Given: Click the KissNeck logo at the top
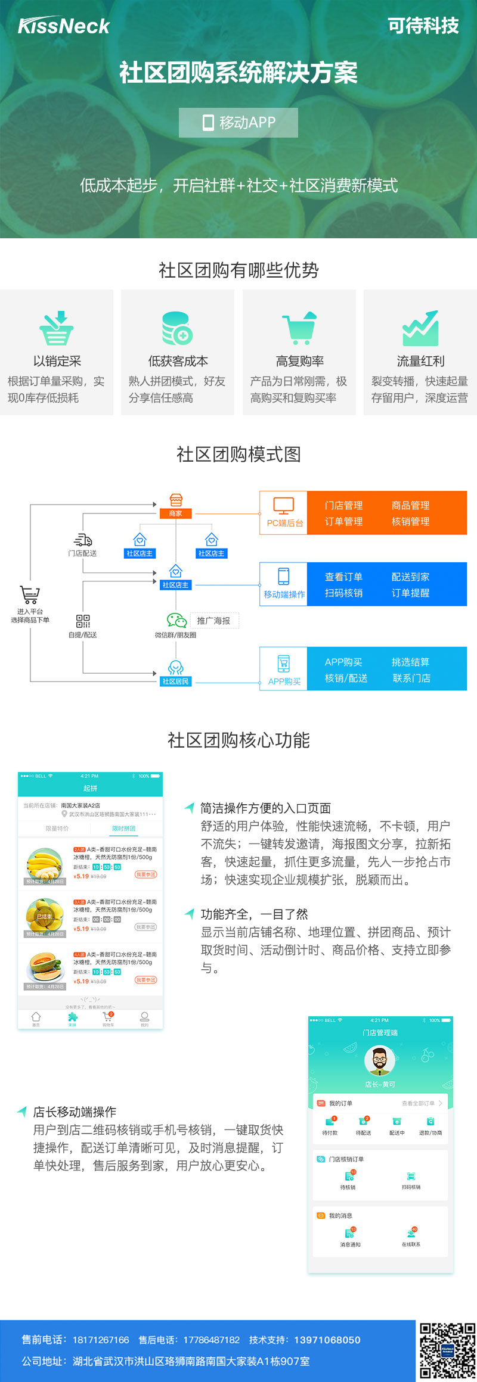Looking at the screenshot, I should [64, 26].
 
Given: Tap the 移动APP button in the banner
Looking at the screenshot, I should [238, 123].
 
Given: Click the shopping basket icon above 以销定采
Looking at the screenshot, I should [57, 328].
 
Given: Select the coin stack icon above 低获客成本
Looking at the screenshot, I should [177, 328].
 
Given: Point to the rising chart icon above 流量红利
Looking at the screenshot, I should [420, 328].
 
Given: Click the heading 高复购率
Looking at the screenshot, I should [299, 361].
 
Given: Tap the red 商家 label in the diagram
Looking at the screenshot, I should [175, 513].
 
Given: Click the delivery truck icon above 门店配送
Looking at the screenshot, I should [83, 540].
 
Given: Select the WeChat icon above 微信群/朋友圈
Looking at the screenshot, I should [176, 620].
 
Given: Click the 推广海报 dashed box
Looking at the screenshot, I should [214, 621].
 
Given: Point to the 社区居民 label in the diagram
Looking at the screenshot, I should [175, 681].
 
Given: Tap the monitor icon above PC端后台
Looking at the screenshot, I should [283, 506].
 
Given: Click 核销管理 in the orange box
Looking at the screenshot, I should [410, 521].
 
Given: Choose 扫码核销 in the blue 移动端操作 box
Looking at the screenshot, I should [343, 593].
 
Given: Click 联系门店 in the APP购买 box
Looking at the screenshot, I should [411, 678].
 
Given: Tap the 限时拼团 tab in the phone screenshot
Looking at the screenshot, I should [123, 829].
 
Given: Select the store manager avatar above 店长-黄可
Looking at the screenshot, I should [380, 1061].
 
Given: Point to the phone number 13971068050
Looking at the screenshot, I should [327, 1340].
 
